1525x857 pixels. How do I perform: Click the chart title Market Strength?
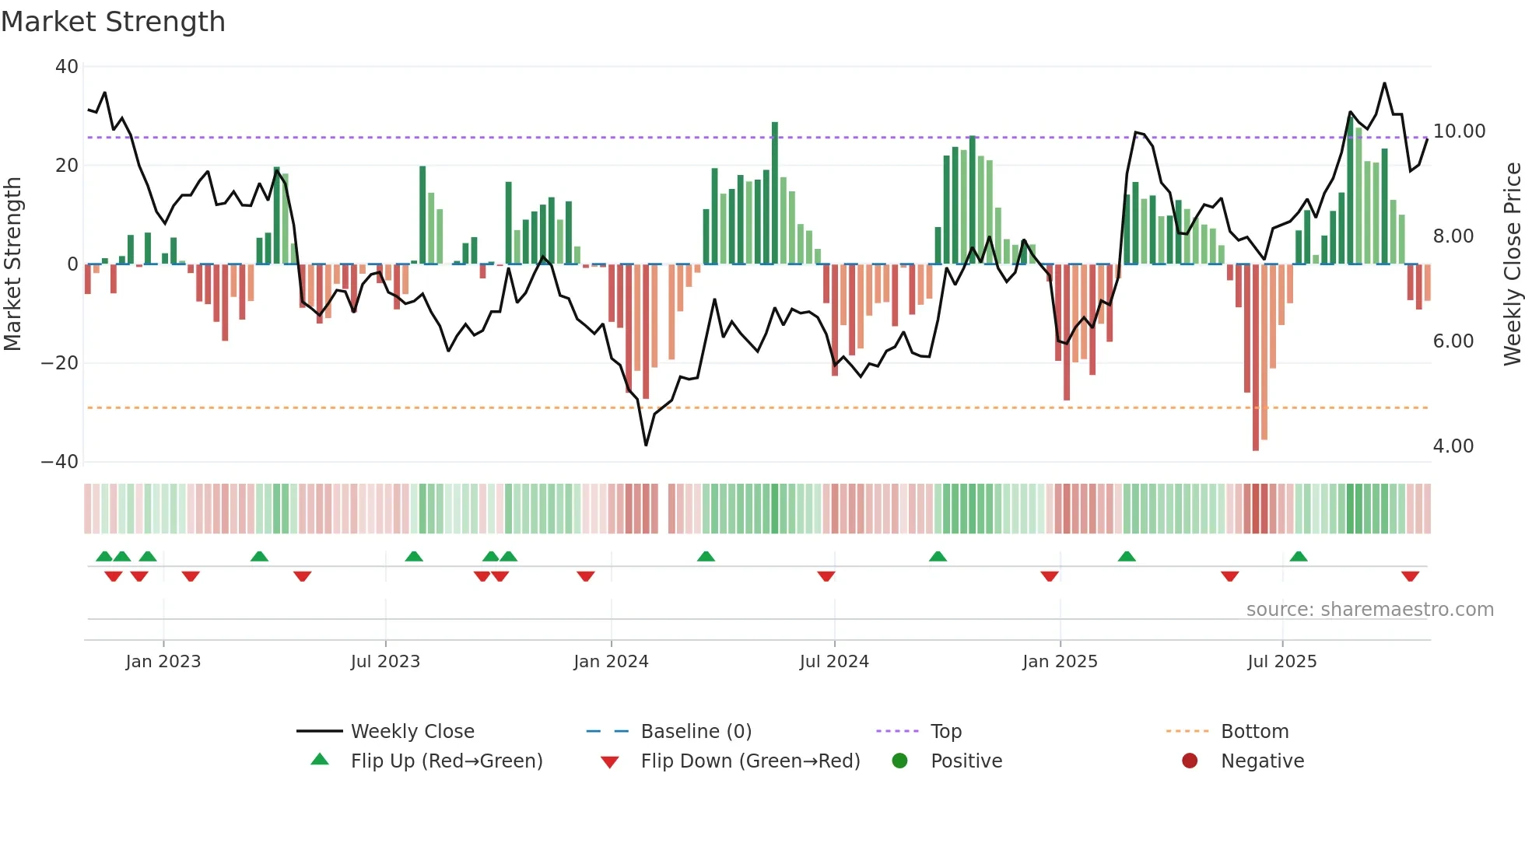tap(113, 22)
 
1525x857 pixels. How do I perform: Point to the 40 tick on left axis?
tap(67, 67)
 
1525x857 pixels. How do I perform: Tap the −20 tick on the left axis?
tap(60, 363)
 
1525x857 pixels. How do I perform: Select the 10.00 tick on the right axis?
tap(1459, 131)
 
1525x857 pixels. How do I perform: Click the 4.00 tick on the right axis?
tap(1453, 446)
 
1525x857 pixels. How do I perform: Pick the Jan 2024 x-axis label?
tap(611, 662)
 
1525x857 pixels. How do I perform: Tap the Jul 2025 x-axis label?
tap(1281, 662)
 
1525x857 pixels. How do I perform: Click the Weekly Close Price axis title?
tap(1512, 264)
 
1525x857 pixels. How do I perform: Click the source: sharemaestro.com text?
tap(1369, 610)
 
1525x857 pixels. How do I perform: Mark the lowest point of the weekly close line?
tap(646, 445)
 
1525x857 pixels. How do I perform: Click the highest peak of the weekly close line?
tap(1384, 83)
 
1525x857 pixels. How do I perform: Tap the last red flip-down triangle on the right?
tap(1410, 576)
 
